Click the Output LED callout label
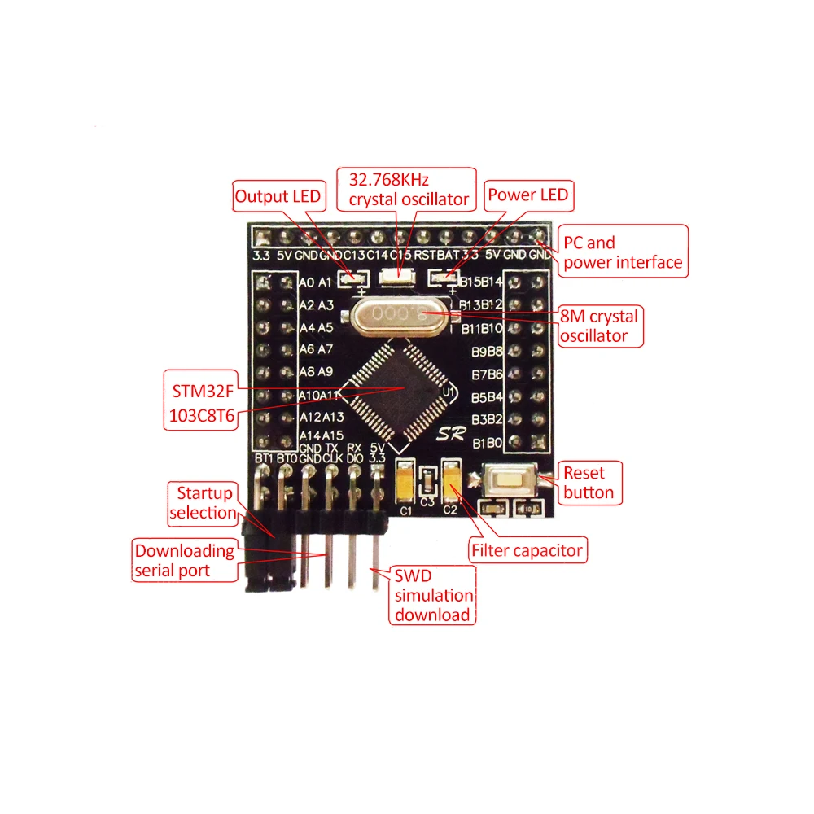click(x=278, y=196)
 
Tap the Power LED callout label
click(x=527, y=195)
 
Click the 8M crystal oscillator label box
click(x=600, y=326)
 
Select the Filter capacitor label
click(x=527, y=550)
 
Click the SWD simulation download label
click(x=432, y=595)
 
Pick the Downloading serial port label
click(x=184, y=561)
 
